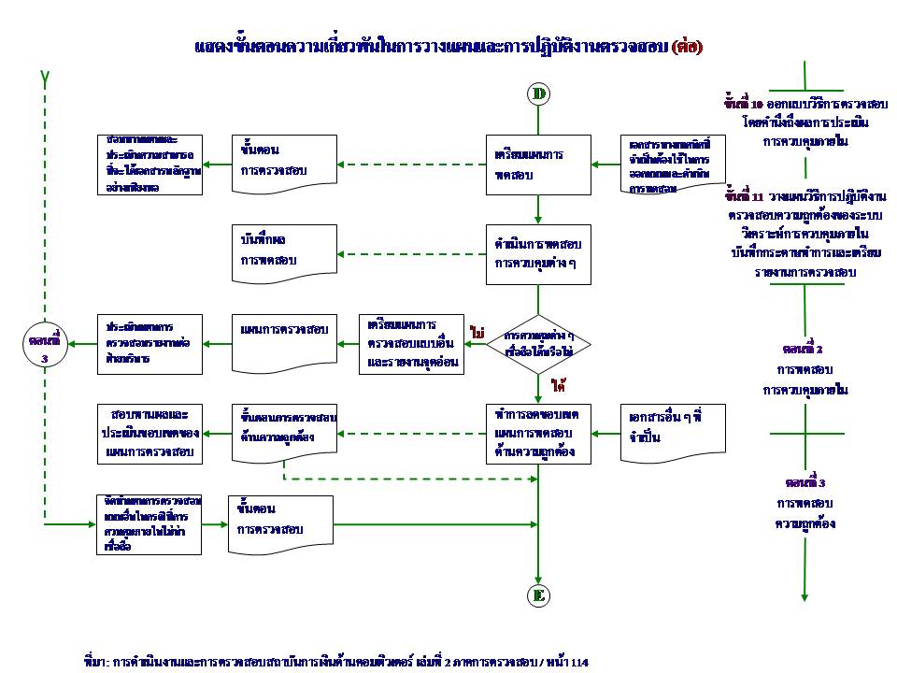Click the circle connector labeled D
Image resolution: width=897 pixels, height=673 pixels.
(x=538, y=93)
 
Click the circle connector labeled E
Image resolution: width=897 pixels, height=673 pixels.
(x=538, y=595)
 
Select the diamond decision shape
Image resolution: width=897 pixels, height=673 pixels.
(x=538, y=343)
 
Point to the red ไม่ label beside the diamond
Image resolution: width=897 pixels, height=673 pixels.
(x=477, y=332)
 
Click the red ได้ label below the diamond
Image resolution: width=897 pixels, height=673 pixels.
(x=560, y=385)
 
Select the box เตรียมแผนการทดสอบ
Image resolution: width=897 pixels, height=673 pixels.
(x=538, y=165)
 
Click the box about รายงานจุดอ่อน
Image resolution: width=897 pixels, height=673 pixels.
(x=412, y=344)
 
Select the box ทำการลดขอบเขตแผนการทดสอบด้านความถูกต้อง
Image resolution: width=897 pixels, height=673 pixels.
(x=538, y=432)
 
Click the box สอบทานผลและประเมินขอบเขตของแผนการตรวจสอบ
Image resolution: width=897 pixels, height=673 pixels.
(x=149, y=432)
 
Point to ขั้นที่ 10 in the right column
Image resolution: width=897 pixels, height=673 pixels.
(x=744, y=103)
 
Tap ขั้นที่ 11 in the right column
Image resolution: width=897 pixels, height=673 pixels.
(x=745, y=197)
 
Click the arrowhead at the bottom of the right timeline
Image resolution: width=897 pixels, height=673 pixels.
(x=804, y=596)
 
